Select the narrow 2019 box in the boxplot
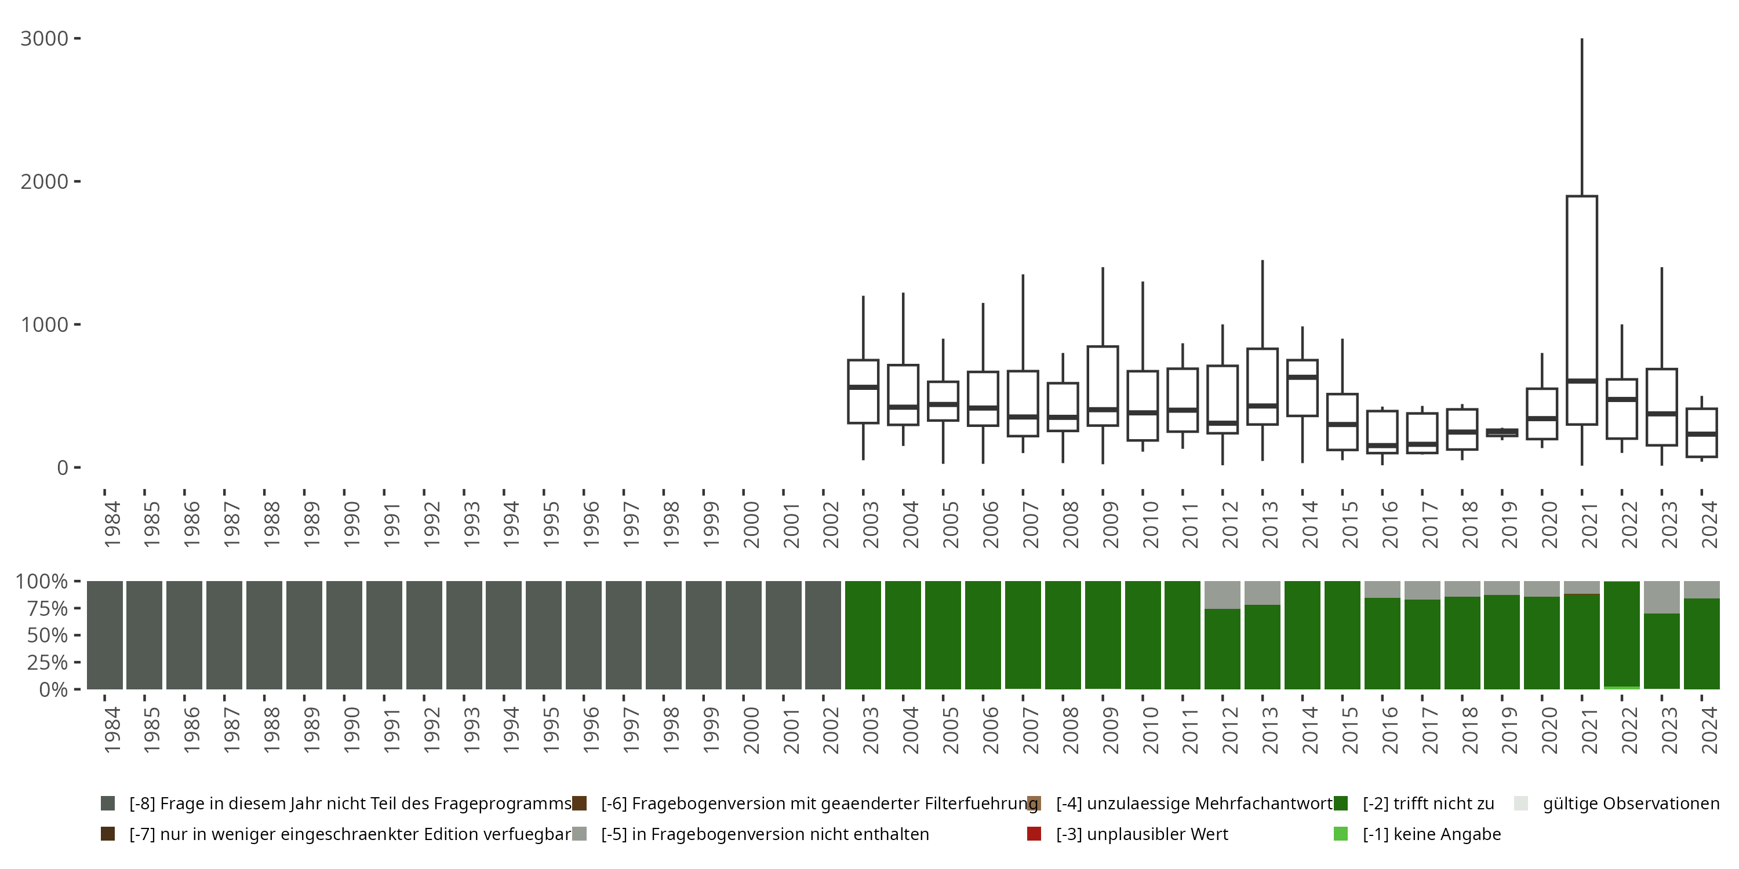(x=1502, y=433)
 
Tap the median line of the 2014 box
(x=1303, y=377)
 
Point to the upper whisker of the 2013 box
(x=1263, y=304)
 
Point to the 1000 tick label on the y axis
(x=45, y=324)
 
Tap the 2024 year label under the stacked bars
(x=1709, y=731)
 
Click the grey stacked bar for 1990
(x=344, y=635)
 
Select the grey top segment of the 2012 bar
(x=1223, y=594)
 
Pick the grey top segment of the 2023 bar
(x=1661, y=597)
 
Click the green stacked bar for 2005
(x=943, y=635)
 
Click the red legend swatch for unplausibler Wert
(x=1034, y=834)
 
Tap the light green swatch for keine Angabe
(x=1341, y=834)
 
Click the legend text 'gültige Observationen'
(x=1630, y=804)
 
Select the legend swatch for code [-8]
(x=107, y=804)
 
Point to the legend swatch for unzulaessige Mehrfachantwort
(x=1034, y=804)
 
